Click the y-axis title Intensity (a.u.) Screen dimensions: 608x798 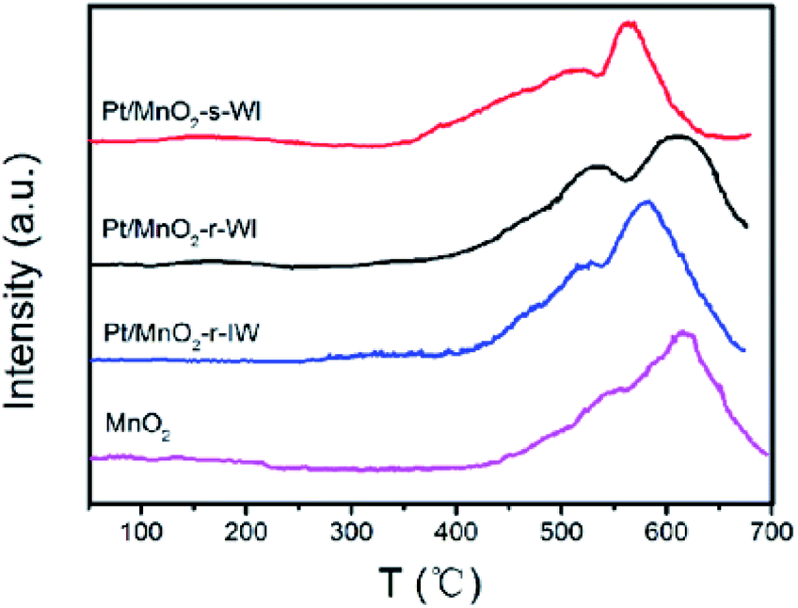tap(27, 282)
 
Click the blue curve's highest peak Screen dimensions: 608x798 tap(646, 202)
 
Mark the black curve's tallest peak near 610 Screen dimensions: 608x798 tap(677, 137)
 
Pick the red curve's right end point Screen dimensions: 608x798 tap(750, 136)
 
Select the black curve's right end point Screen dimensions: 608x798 tap(746, 227)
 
